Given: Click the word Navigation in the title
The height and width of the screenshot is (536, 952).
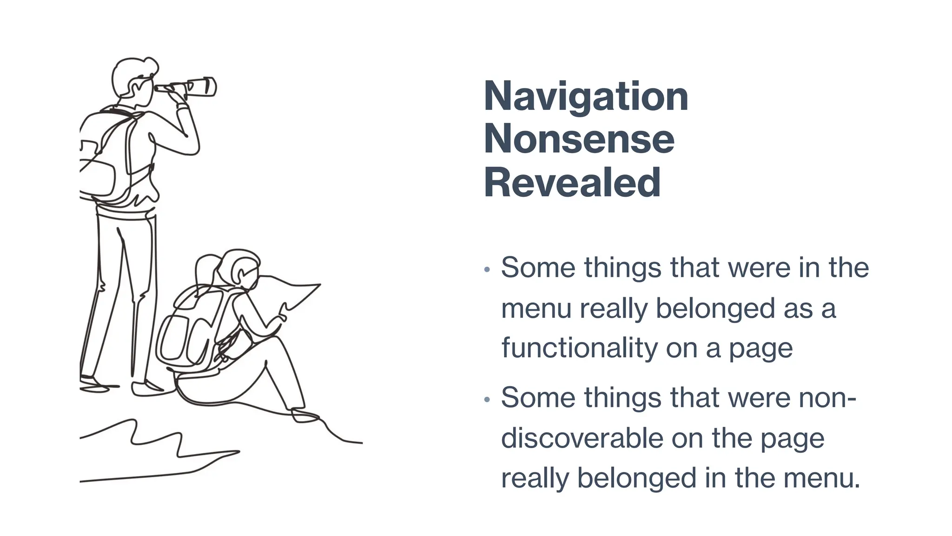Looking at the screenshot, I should [586, 96].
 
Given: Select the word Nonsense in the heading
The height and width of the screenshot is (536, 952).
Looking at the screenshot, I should [579, 139].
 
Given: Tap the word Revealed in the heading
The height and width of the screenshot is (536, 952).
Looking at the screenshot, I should [572, 182].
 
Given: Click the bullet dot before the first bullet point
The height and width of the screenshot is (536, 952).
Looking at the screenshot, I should [487, 269].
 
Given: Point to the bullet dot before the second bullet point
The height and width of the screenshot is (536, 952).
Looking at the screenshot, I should [487, 399].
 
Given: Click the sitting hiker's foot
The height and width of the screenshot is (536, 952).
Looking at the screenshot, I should [304, 415].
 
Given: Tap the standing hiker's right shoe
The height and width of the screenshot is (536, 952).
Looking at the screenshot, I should [149, 388].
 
